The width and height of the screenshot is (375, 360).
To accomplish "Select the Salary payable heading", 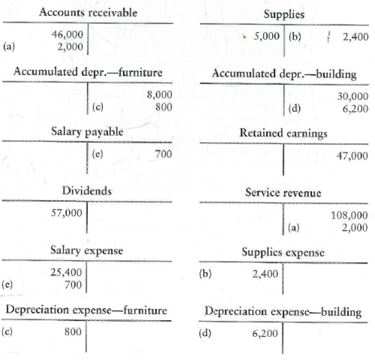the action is pos(87,131).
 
